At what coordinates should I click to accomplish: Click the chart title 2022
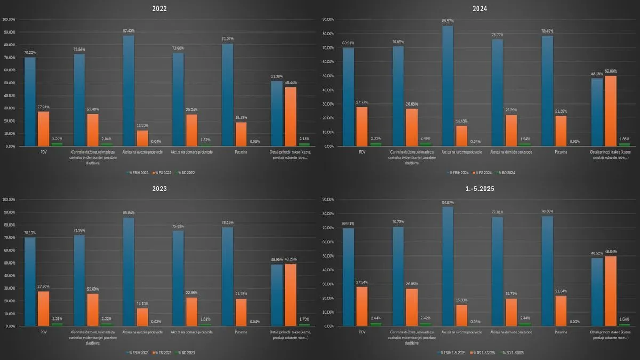[160, 8]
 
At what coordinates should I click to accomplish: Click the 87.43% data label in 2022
[129, 31]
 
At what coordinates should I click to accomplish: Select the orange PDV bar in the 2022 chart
[43, 129]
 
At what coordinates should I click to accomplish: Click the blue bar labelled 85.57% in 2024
[447, 86]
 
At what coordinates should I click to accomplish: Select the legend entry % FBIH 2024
[458, 173]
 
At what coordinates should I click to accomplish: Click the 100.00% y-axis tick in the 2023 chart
[9, 199]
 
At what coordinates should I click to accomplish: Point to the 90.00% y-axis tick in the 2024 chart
[326, 19]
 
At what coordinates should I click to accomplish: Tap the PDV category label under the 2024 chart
[362, 152]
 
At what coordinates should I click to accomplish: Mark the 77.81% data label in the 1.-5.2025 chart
[497, 212]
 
